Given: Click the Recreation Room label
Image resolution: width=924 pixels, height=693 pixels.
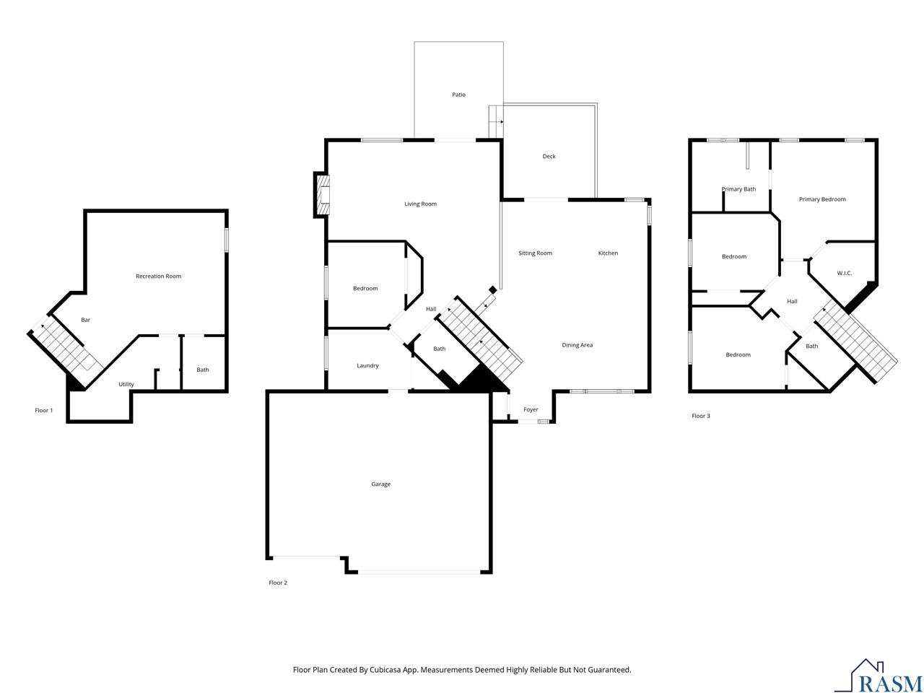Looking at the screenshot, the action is click(x=158, y=276).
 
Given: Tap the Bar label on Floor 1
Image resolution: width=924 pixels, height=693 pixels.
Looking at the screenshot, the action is click(x=85, y=320).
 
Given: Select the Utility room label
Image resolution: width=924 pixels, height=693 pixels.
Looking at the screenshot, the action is click(x=126, y=384).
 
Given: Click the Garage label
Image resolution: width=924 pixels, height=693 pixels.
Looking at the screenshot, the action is click(x=380, y=484).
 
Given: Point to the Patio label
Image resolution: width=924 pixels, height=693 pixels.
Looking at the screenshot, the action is click(x=458, y=95).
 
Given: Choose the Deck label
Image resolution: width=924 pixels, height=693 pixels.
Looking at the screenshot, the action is click(x=549, y=156).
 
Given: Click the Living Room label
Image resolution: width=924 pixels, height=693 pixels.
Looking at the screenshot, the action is click(x=420, y=204).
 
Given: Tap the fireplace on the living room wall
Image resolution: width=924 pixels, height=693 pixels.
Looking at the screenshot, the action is click(x=322, y=195).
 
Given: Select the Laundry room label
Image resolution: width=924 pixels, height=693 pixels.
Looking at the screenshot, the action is click(x=367, y=366).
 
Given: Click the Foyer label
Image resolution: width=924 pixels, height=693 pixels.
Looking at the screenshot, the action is click(x=531, y=409).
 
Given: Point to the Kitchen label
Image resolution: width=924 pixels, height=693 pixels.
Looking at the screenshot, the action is click(x=608, y=253).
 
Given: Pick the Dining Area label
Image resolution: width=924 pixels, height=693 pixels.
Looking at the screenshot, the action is click(x=577, y=345).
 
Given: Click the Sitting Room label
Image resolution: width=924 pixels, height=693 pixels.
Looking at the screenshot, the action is click(x=535, y=253).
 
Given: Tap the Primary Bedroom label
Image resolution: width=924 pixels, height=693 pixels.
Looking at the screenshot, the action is click(x=822, y=199).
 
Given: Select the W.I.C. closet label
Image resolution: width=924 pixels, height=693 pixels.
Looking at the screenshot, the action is click(x=844, y=274).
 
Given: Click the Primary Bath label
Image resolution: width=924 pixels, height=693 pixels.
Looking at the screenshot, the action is click(x=738, y=189).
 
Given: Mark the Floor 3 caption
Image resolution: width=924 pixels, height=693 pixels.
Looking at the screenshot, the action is click(x=700, y=416).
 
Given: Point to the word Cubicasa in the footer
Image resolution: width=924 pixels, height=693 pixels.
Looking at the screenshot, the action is click(x=385, y=670).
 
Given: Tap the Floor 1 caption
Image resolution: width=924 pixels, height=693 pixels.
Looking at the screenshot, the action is click(x=44, y=410).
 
